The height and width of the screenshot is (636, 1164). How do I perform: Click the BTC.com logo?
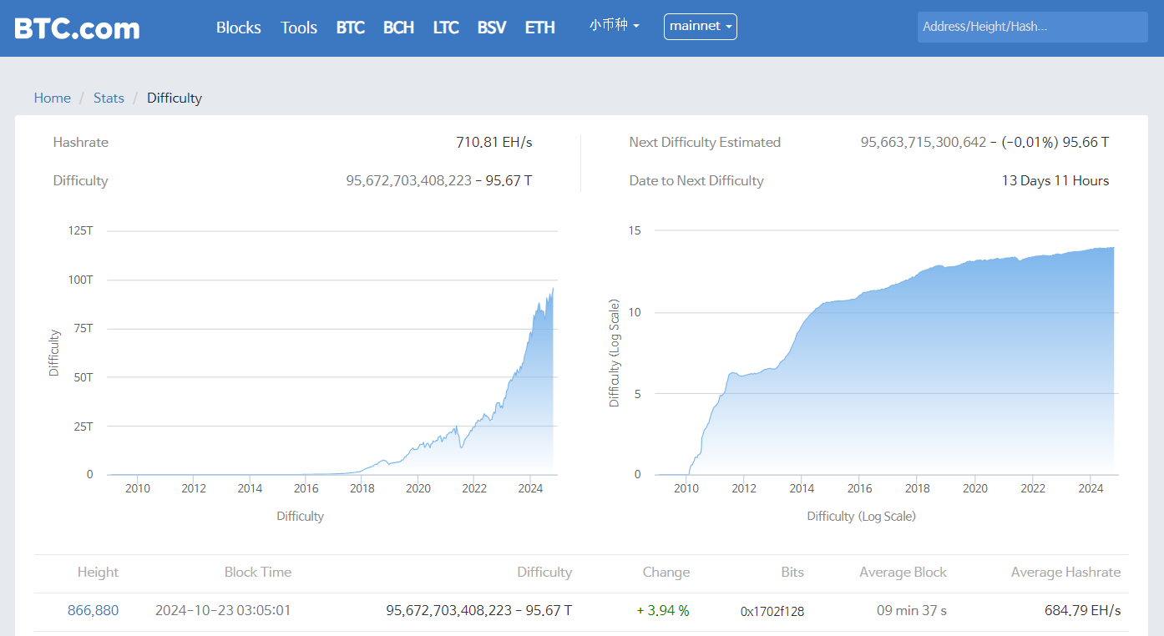[x=77, y=28]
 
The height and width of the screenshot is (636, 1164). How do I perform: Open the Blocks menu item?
[x=238, y=28]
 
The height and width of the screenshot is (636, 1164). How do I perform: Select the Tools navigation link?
[x=298, y=28]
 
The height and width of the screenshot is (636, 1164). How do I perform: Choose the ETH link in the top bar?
[x=539, y=28]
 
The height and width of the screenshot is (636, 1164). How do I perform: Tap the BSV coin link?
[x=491, y=28]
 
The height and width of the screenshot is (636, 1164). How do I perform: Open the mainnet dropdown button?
[x=700, y=27]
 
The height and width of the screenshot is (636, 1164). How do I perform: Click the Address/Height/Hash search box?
[x=1031, y=27]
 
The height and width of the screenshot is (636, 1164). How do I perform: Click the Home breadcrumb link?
[x=52, y=98]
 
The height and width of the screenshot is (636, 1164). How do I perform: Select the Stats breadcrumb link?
[x=109, y=98]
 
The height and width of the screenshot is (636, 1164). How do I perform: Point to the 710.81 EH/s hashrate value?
[x=493, y=142]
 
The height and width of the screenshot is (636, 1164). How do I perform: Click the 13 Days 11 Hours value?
[x=1055, y=180]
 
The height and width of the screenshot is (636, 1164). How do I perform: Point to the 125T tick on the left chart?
[x=80, y=230]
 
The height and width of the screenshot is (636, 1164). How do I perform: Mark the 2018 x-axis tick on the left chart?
[x=362, y=488]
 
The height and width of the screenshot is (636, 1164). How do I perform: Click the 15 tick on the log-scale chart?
[x=635, y=230]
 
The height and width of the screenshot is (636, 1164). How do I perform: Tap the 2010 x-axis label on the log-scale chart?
[x=686, y=488]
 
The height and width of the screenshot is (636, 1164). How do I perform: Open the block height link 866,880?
[x=93, y=610]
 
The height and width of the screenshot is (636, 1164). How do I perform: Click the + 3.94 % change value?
[x=663, y=610]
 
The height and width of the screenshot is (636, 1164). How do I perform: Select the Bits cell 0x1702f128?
[x=772, y=611]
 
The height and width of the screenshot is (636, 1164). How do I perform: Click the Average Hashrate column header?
[x=1065, y=572]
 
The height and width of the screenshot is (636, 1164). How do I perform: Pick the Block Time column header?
[x=258, y=572]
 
